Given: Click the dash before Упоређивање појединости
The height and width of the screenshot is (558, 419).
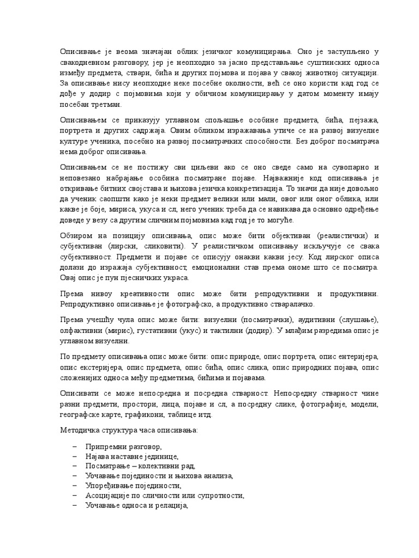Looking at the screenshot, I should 74,486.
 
